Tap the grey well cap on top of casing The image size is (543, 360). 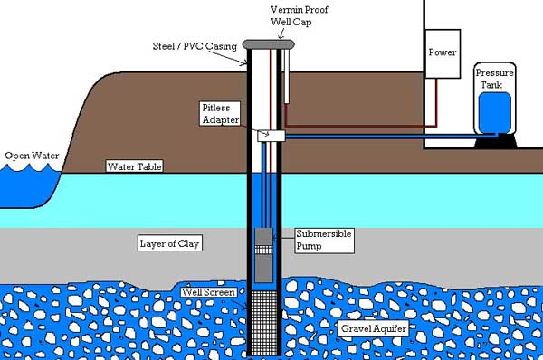(x=267, y=42)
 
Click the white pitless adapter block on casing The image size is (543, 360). (x=270, y=135)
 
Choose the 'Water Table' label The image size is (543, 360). (x=132, y=166)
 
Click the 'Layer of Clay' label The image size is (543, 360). (x=169, y=243)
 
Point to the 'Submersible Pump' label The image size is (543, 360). (x=323, y=239)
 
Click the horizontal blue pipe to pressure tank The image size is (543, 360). (x=380, y=137)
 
